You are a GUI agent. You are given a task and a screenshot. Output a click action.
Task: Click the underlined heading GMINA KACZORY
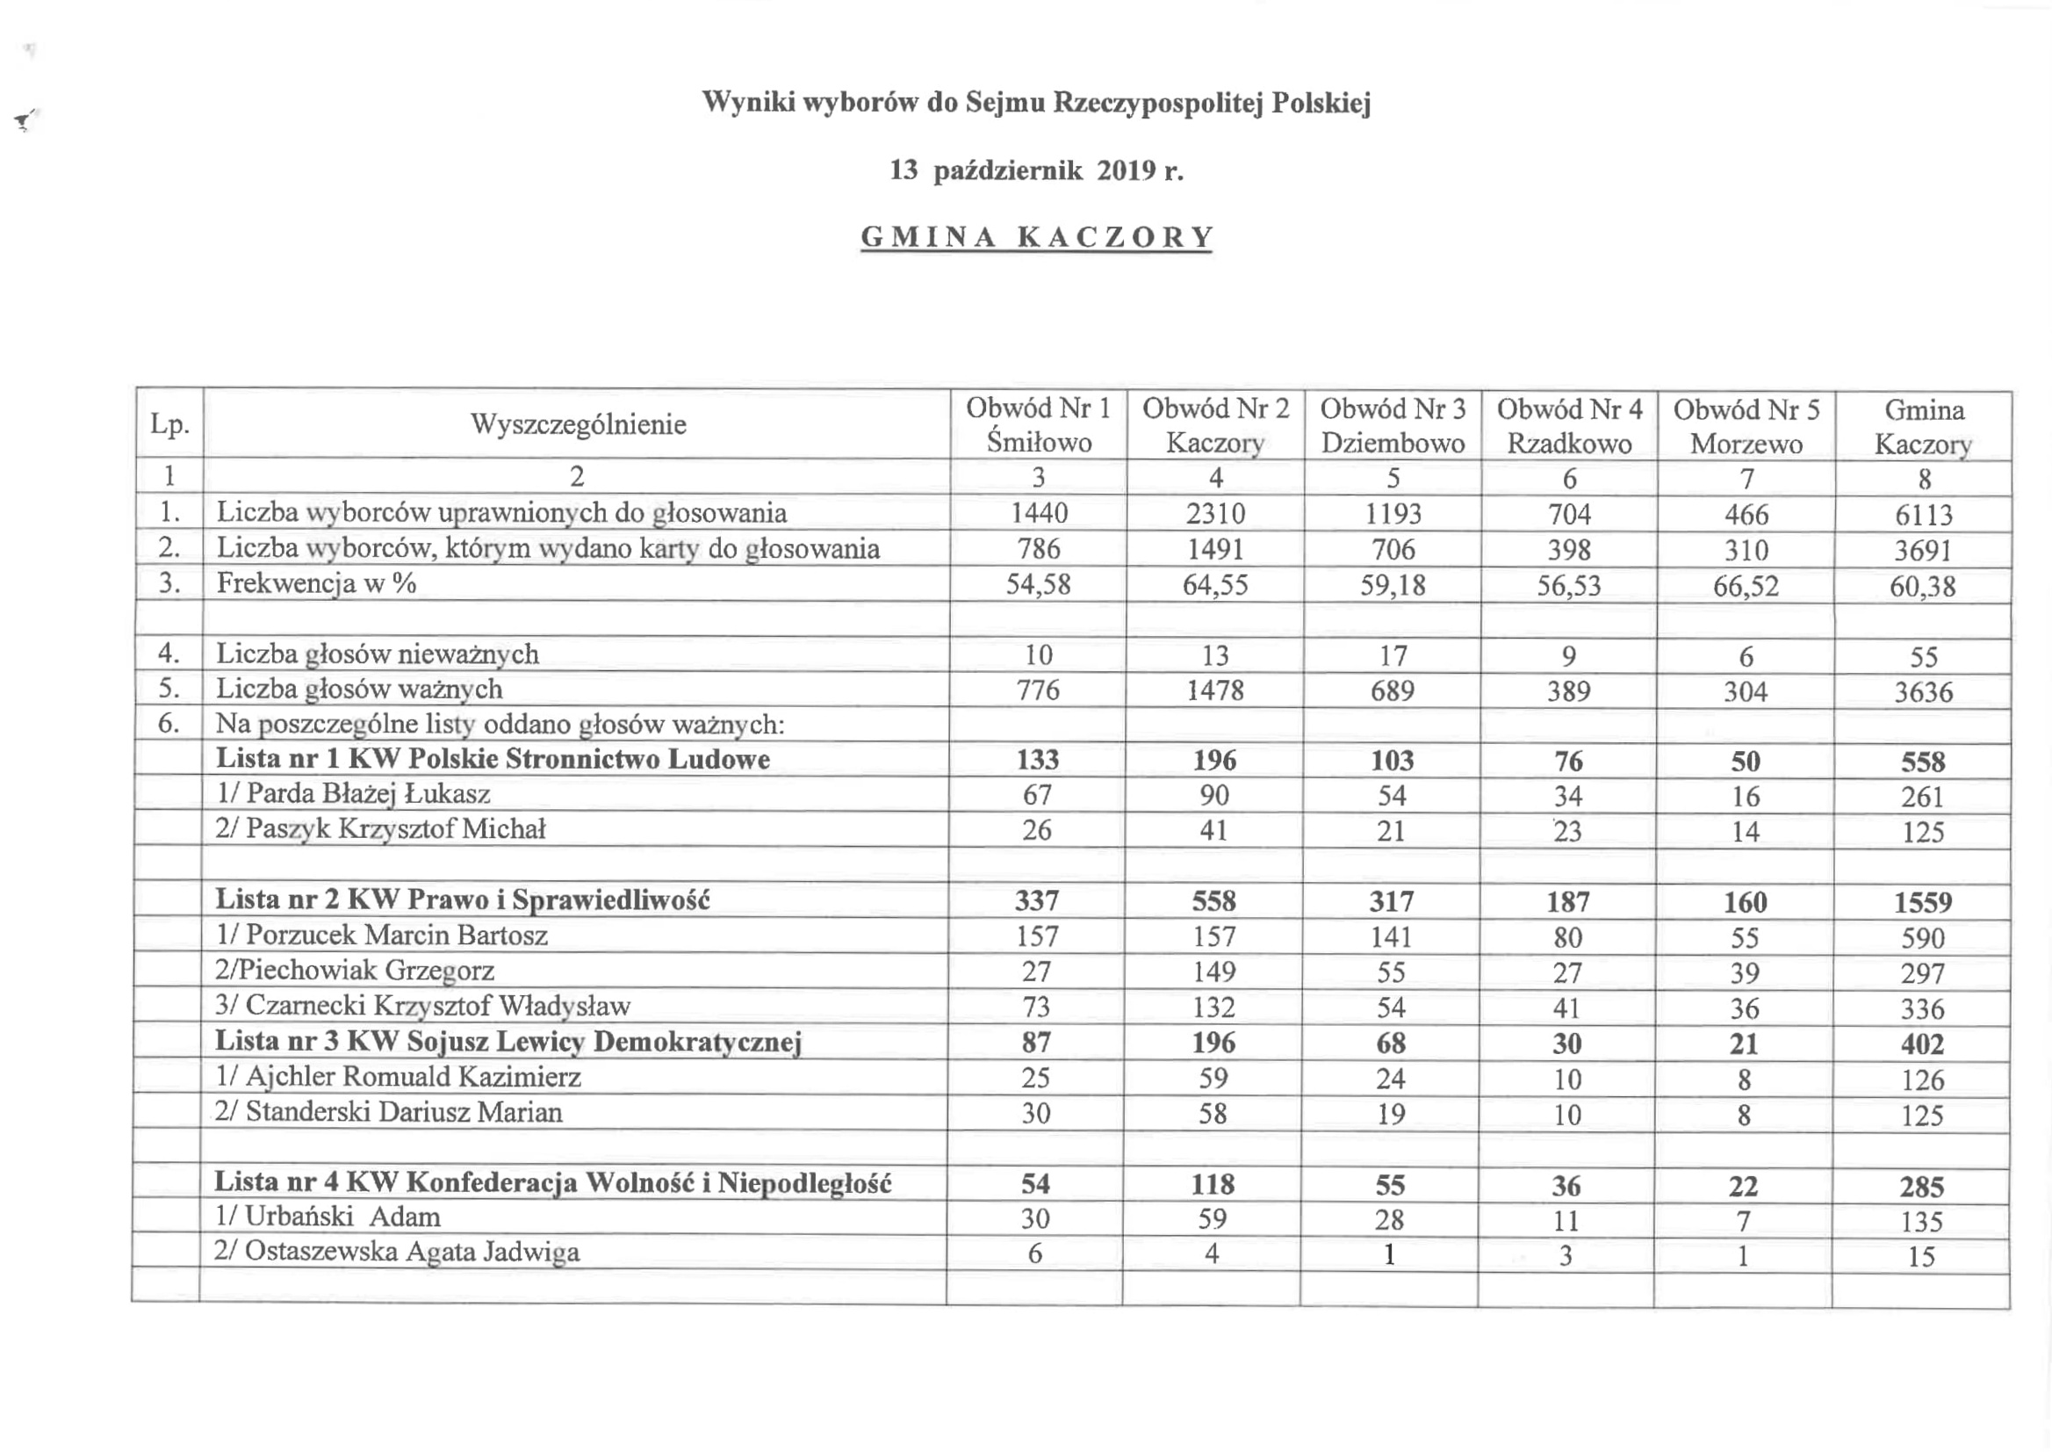(1036, 237)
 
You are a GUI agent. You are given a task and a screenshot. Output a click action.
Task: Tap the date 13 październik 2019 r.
(1036, 170)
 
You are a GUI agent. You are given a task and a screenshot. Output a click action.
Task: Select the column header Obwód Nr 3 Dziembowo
(1393, 425)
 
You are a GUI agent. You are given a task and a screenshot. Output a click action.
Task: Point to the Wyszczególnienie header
(579, 423)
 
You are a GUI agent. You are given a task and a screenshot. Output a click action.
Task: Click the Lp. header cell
(169, 423)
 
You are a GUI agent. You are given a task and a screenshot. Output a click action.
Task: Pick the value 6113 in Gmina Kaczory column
(1923, 515)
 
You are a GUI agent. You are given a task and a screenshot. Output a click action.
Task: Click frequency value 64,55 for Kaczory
(1214, 585)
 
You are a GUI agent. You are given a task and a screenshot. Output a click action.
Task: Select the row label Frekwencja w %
(316, 584)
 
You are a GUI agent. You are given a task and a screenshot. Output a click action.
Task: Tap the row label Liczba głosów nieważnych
(378, 654)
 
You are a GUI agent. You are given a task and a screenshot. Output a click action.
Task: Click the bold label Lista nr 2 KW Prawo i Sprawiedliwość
(462, 899)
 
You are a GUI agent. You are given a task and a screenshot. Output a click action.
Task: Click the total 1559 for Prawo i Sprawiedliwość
(1922, 902)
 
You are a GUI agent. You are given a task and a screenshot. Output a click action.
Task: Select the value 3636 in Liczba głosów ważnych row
(1923, 692)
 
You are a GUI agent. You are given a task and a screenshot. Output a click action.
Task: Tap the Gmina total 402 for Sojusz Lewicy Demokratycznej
(1921, 1044)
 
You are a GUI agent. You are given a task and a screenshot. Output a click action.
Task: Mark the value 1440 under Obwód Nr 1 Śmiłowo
(1039, 513)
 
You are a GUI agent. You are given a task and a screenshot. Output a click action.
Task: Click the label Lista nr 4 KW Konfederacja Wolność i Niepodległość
(552, 1182)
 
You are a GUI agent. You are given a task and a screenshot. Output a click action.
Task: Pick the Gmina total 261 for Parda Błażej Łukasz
(1921, 797)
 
